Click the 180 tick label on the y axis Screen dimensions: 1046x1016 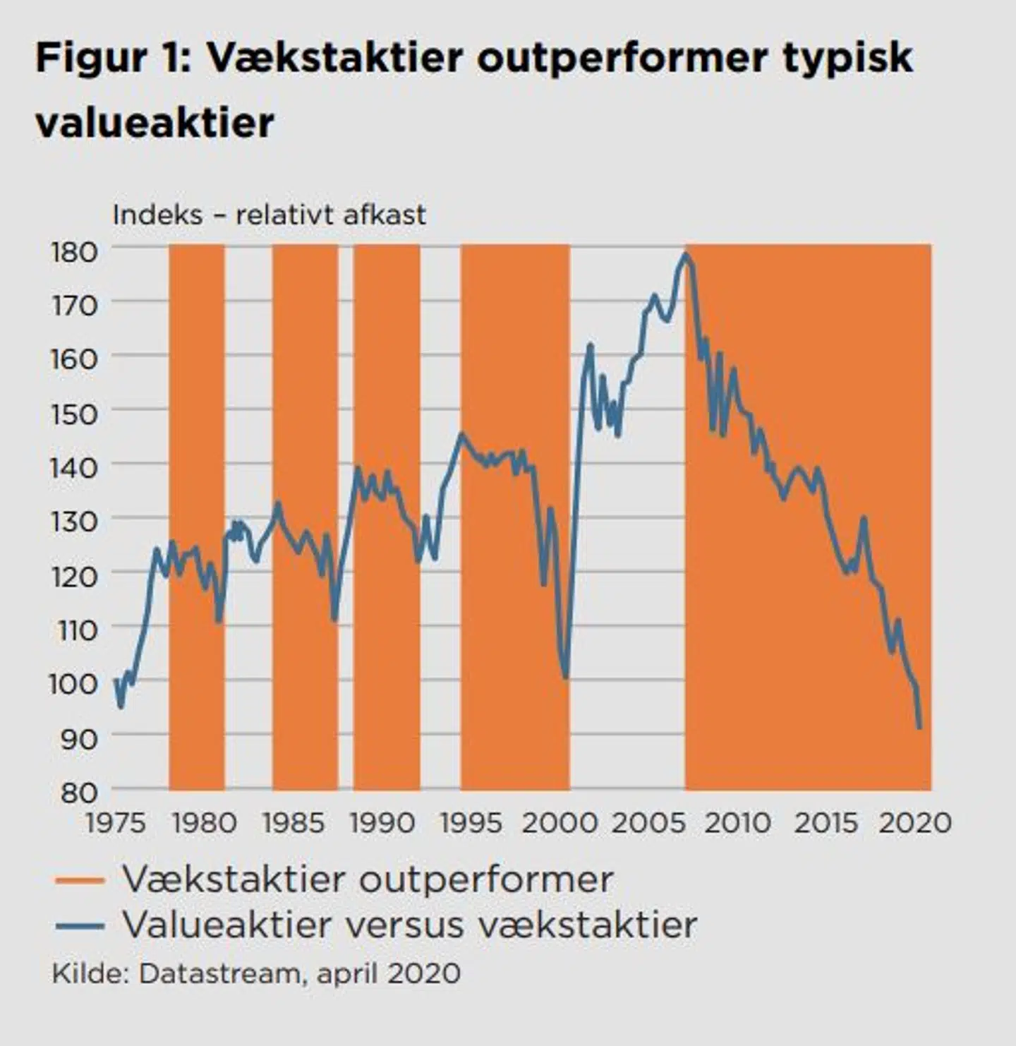(73, 252)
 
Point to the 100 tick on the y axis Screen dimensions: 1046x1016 (73, 683)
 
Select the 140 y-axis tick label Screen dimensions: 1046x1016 (73, 467)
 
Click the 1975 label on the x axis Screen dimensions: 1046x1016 (116, 823)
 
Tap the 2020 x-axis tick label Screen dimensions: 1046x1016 (914, 823)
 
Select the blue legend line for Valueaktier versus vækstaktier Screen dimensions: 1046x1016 (80, 926)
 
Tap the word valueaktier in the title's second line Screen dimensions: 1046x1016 (155, 124)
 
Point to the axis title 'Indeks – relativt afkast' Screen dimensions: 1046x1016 (269, 215)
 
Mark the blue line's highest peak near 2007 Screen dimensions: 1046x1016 (685, 254)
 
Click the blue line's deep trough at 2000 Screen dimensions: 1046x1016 (566, 677)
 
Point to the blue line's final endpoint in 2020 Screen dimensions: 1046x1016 (919, 727)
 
